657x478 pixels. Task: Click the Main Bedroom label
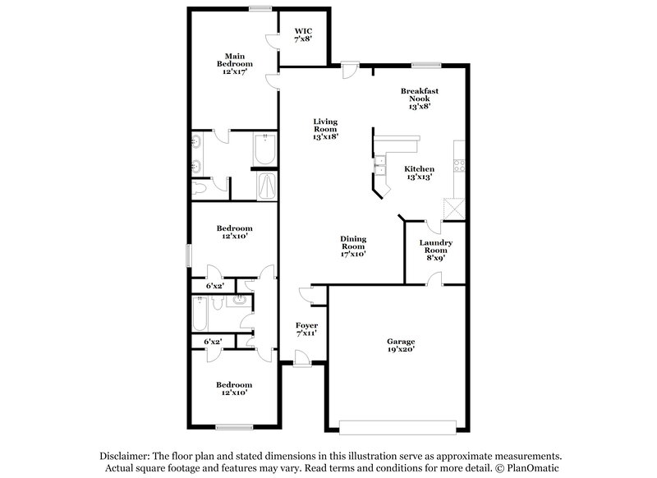tap(234, 64)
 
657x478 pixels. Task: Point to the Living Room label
tap(325, 130)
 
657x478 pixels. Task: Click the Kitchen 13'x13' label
tap(419, 173)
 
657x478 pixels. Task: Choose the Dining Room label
tap(353, 246)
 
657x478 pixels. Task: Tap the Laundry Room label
tap(436, 250)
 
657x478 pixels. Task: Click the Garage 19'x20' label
tap(401, 345)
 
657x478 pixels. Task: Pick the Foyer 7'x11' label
tap(306, 329)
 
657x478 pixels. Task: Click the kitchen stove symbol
tap(459, 161)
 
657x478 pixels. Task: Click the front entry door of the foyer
tap(302, 358)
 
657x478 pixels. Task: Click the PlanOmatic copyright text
tap(525, 468)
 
